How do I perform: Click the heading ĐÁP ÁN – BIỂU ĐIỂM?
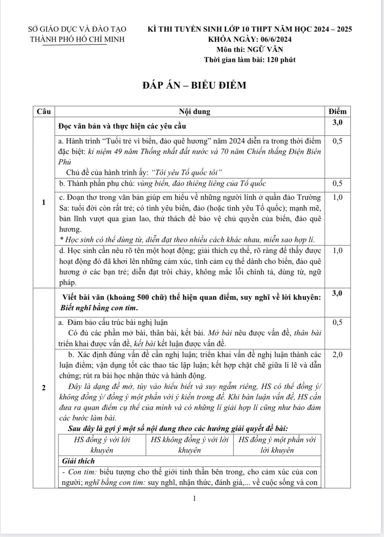[x=194, y=85]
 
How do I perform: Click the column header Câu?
[x=44, y=111]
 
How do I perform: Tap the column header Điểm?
[x=338, y=111]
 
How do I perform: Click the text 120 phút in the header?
[x=281, y=60]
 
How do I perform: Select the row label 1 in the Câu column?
[x=43, y=202]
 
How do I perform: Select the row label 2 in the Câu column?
[x=43, y=387]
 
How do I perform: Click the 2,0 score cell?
[x=338, y=355]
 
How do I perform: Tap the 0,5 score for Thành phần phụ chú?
[x=338, y=184]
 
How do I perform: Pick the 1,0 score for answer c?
[x=338, y=197]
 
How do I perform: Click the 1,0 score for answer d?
[x=338, y=251]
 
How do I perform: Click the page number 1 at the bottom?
[x=194, y=498]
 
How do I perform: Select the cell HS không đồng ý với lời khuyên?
[x=189, y=445]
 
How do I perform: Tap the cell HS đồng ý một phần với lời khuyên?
[x=277, y=445]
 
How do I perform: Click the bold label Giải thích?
[x=78, y=461]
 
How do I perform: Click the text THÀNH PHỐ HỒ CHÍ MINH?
[x=77, y=39]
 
